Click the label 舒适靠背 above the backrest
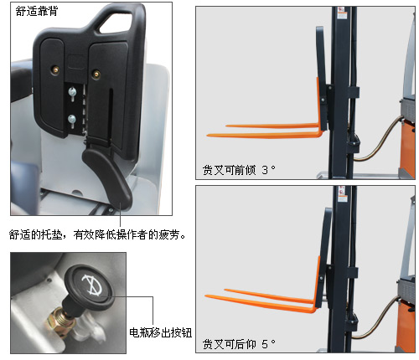point(37,11)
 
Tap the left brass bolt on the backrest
point(55,69)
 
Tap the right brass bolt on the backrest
point(96,75)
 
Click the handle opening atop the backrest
point(116,23)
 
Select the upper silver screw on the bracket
point(72,91)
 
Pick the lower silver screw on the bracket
point(72,120)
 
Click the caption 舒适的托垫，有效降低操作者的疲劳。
point(97,235)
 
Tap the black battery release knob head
point(89,287)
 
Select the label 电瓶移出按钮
point(160,332)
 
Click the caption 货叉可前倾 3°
point(239,170)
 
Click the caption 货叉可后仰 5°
point(239,344)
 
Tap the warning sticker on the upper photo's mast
point(342,13)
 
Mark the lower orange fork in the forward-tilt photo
point(264,135)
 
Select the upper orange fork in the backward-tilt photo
point(270,296)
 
